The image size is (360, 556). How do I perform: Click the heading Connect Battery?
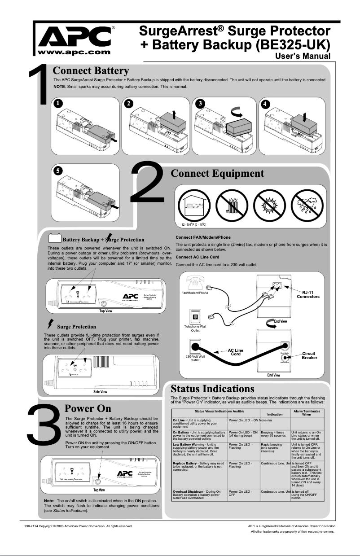click(x=91, y=71)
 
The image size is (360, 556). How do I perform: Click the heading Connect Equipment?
click(x=217, y=173)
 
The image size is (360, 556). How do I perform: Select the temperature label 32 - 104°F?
click(x=190, y=224)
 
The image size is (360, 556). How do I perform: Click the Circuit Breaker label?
click(x=309, y=355)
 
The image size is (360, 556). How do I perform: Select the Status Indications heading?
click(x=209, y=388)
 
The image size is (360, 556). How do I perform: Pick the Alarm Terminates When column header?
click(x=307, y=413)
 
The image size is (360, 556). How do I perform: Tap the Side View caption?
click(x=100, y=392)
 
